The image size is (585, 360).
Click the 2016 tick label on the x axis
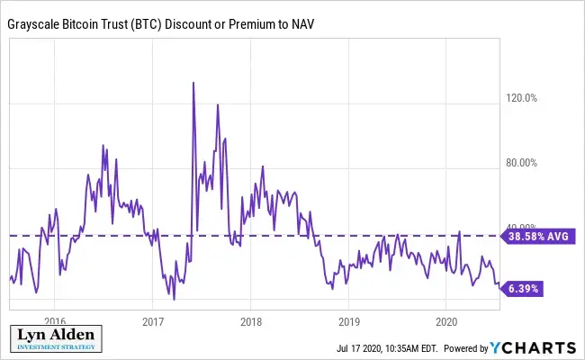[55, 320]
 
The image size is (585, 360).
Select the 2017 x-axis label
[153, 320]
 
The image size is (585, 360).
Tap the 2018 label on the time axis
[251, 320]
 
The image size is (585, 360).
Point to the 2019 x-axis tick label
[349, 320]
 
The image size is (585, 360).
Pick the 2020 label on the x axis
[447, 320]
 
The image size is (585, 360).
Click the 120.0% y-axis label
[520, 99]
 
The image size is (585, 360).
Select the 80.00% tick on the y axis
[520, 163]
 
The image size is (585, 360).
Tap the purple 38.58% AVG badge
[538, 236]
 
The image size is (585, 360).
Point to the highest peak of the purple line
[193, 83]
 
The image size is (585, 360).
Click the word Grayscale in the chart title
[37, 24]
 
